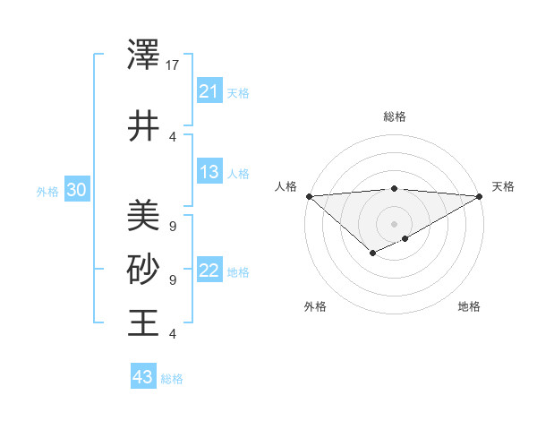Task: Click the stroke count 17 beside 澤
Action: coord(173,65)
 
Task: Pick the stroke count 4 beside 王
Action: coord(172,333)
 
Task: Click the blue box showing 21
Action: coord(209,91)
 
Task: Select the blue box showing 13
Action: coord(209,173)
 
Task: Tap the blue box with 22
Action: coord(209,271)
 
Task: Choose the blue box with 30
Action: coord(76,190)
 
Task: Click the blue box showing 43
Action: coord(142,377)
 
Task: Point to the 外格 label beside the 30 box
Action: coord(47,191)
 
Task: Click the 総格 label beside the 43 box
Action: coord(172,379)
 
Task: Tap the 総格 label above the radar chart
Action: coord(395,116)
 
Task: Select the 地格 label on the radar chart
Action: coord(469,306)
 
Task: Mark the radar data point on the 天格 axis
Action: coord(480,195)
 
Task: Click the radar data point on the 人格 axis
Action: coord(309,195)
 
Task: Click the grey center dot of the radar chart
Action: coord(395,223)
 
